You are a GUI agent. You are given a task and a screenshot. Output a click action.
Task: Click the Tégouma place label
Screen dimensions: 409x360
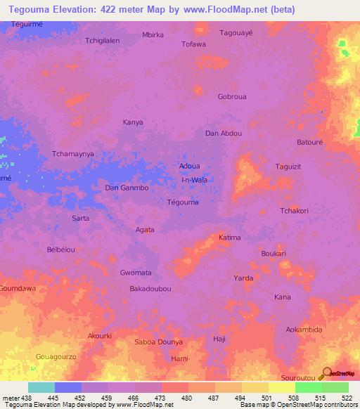click(x=183, y=202)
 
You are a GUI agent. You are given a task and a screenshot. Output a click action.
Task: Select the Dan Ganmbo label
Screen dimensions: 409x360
click(x=126, y=188)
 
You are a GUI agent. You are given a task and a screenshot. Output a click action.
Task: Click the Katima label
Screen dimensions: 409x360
click(x=229, y=238)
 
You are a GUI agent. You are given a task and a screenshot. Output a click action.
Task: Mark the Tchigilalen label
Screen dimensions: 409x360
click(x=103, y=41)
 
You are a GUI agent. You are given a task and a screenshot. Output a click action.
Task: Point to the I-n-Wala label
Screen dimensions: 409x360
click(x=194, y=180)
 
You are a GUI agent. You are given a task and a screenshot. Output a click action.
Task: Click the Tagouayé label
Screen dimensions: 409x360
click(x=236, y=33)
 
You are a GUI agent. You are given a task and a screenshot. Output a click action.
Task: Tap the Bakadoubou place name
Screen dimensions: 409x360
click(x=150, y=289)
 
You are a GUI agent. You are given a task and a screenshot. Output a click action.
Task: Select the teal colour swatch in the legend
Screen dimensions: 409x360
click(x=41, y=387)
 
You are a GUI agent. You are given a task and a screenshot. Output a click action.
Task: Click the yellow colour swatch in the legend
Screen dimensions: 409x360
click(x=281, y=387)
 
